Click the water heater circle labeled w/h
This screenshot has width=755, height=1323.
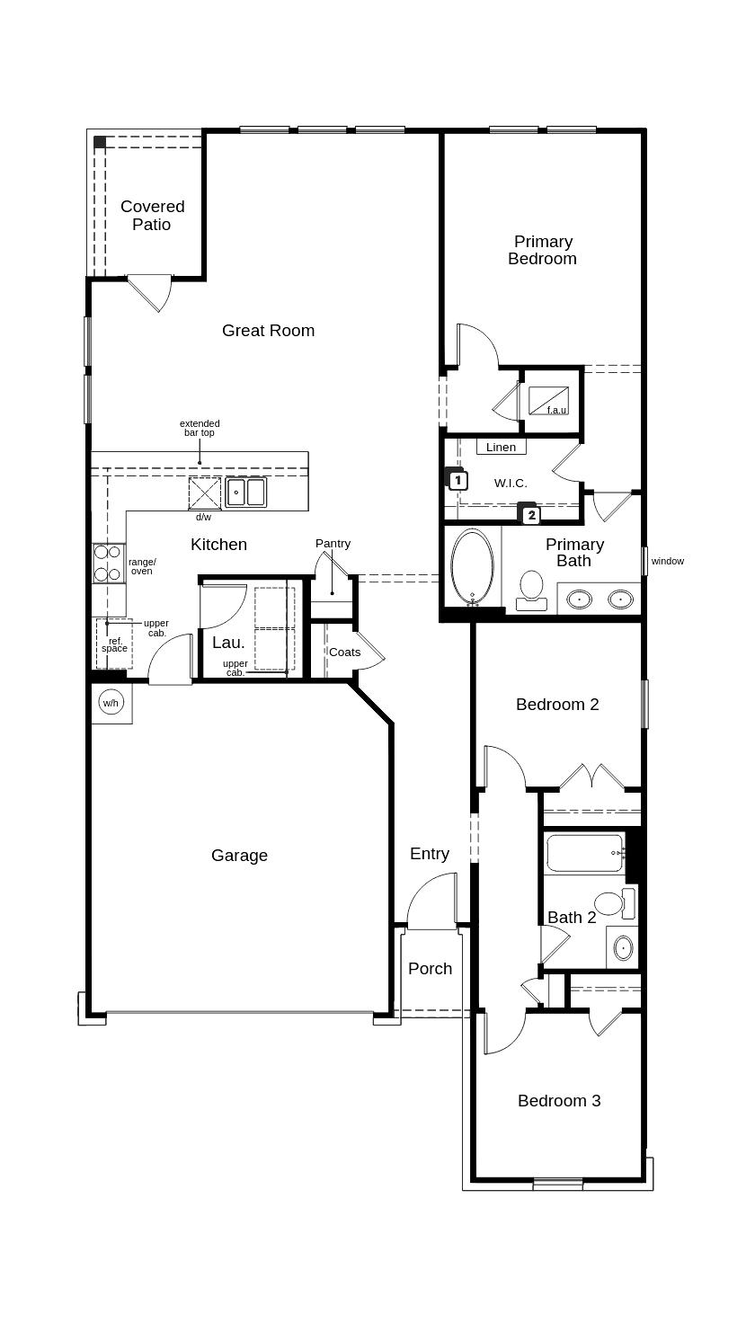(x=111, y=703)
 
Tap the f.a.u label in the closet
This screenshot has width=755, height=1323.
(x=556, y=411)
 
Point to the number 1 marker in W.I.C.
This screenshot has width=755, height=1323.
(x=457, y=480)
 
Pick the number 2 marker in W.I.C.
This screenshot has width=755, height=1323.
(x=531, y=515)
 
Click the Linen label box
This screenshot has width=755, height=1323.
(x=501, y=447)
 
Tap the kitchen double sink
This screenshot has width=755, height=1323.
(x=245, y=493)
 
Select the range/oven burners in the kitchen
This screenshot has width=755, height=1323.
(x=108, y=564)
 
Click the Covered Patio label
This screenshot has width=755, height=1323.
(x=152, y=216)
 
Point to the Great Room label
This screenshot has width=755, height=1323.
(x=268, y=331)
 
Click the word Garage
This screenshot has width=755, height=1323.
(x=239, y=856)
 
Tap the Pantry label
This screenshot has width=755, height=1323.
(x=333, y=544)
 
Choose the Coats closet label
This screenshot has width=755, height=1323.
(x=344, y=653)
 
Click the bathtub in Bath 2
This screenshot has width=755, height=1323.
(x=583, y=853)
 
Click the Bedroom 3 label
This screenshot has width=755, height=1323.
(x=558, y=1101)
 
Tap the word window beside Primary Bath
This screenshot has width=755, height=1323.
(x=667, y=562)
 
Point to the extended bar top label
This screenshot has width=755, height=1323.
(x=200, y=428)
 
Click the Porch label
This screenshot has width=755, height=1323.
(x=430, y=969)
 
